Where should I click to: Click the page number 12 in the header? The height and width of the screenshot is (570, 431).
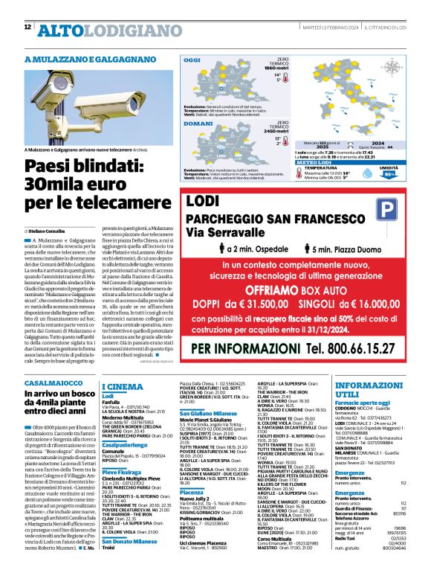(27, 28)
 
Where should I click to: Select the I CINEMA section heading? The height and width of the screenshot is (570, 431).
(123, 387)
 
